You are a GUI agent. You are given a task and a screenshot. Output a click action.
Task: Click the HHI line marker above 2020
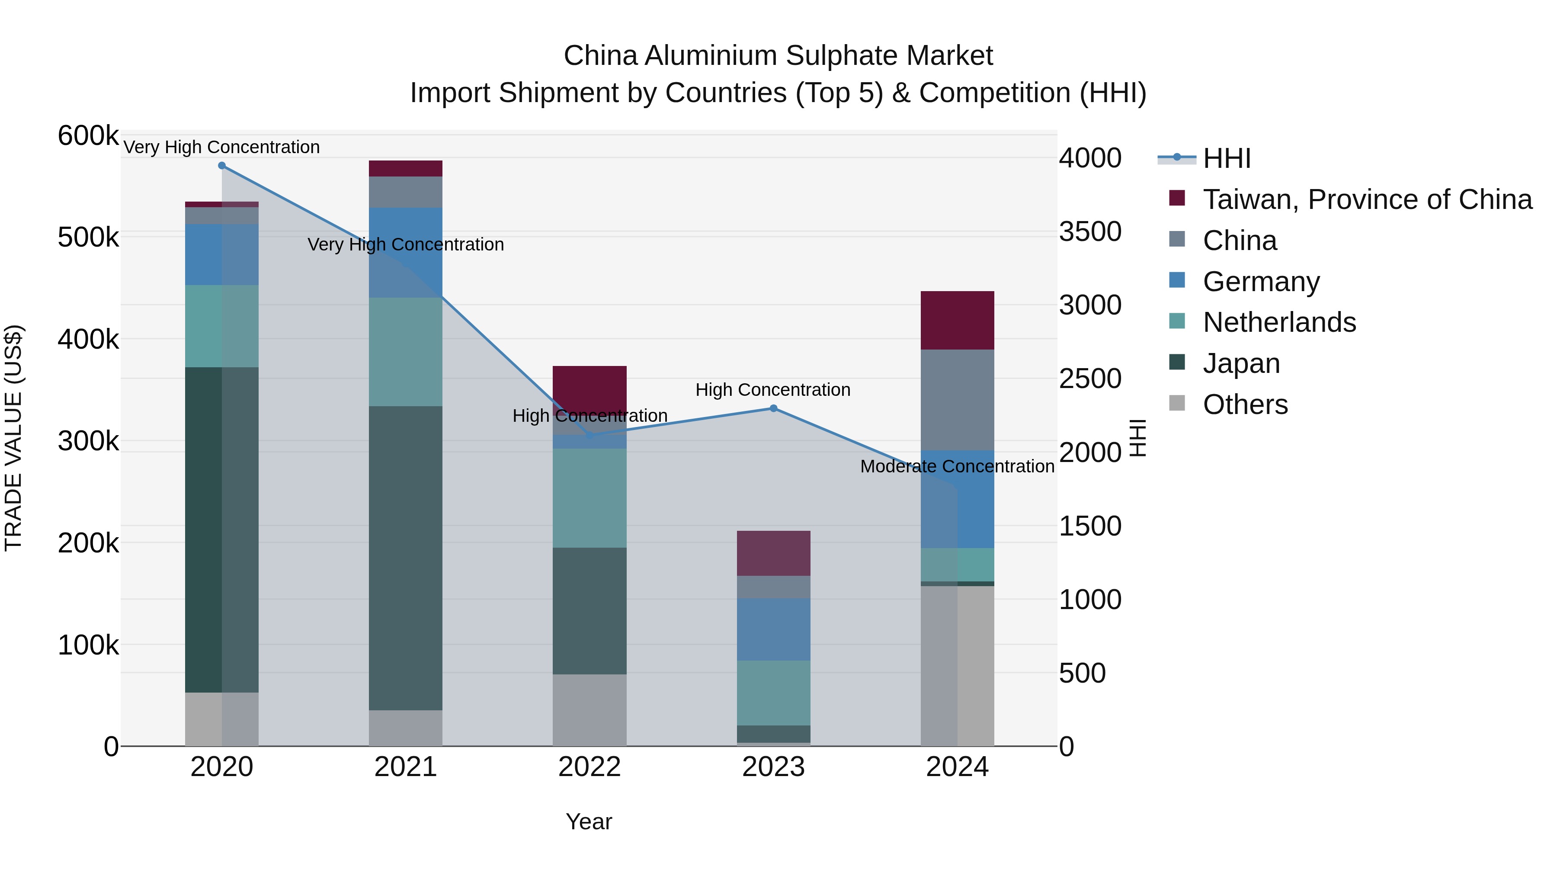pos(222,166)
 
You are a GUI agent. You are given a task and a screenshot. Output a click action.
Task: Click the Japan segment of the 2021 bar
pos(406,558)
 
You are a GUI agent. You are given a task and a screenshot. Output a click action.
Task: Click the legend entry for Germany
pos(1261,282)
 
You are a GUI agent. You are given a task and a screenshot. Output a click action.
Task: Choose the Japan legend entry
pos(1241,363)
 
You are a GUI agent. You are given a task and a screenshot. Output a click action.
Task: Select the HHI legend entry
pos(1227,158)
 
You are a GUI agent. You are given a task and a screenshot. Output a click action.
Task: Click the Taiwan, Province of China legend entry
pos(1367,199)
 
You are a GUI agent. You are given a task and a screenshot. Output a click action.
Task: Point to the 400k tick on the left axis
pos(88,339)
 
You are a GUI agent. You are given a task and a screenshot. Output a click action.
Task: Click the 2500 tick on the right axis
pos(1090,379)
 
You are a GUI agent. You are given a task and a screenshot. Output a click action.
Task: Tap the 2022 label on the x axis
pos(589,767)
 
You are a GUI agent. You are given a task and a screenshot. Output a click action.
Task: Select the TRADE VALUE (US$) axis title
pos(13,438)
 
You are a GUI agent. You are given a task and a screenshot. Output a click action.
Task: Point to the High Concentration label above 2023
pos(772,390)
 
